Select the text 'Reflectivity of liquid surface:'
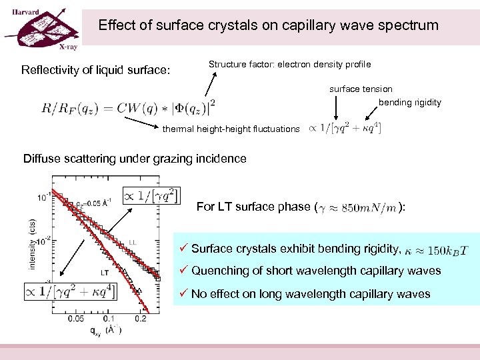pos(96,70)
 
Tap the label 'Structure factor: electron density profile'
pos(289,64)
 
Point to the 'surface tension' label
pos(361,89)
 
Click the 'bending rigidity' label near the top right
pos(409,102)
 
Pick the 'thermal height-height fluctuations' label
pos(231,129)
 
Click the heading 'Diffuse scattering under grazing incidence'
pos(135,159)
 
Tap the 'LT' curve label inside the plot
pos(105,272)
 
